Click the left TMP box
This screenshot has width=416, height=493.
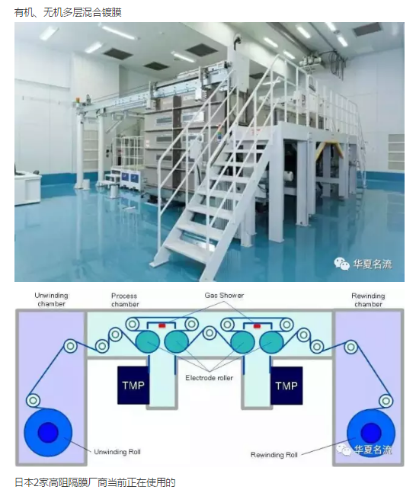pos(133,385)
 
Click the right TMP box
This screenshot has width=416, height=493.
pos(286,386)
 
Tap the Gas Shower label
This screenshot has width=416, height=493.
pos(224,296)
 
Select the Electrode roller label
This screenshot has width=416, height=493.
pos(209,378)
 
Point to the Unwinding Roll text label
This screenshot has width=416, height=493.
pos(117,452)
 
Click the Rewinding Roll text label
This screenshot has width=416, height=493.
pos(274,455)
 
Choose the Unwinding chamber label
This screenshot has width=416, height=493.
pos(51,299)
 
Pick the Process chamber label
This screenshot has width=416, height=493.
pos(125,300)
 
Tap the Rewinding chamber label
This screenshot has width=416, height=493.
pos(368,300)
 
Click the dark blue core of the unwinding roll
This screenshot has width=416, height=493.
pos(48,432)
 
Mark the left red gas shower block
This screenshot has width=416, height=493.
pos(162,325)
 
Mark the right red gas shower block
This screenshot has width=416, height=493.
pos(257,326)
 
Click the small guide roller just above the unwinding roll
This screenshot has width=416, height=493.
pos(33,400)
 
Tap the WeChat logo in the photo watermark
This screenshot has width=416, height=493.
pos(342,264)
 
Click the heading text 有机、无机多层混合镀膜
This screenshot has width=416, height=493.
pos(68,12)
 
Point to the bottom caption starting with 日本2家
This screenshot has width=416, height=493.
pos(95,482)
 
